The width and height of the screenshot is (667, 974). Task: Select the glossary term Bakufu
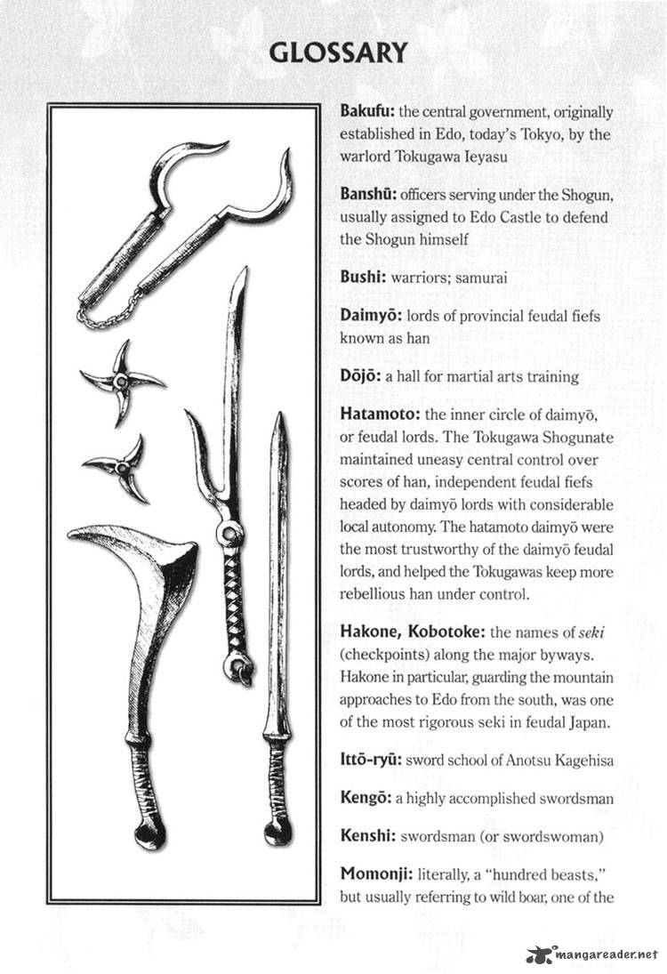pos(367,113)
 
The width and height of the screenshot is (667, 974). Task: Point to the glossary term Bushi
pos(362,278)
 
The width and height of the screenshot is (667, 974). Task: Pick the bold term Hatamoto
pos(380,414)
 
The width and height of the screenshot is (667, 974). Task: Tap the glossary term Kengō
pos(366,798)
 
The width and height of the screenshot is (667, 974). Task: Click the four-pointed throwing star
pos(121,382)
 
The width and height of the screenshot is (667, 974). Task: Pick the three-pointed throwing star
pos(120,465)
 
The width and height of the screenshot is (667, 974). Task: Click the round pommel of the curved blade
pos(149,836)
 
